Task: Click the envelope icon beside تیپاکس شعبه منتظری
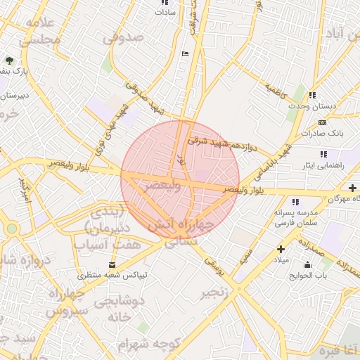pos(112,265)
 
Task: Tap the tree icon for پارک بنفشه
pos(8,61)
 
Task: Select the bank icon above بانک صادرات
pos(322,123)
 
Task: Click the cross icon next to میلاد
pos(281,249)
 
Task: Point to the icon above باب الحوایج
pos(307,265)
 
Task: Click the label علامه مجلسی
pos(39,32)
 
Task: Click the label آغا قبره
pos(338,349)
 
